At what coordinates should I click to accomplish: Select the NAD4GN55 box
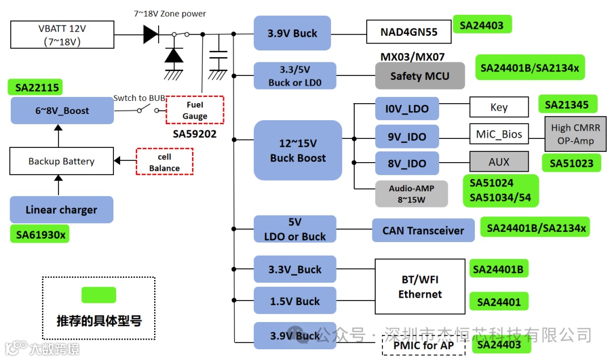tap(409, 32)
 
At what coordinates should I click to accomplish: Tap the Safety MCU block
tap(419, 76)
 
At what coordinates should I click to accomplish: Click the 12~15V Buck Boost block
tap(297, 151)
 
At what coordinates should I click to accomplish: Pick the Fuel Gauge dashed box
tap(194, 110)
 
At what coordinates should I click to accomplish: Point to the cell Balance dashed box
tap(164, 162)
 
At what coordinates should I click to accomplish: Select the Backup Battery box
tap(61, 162)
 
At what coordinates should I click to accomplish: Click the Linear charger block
tap(61, 210)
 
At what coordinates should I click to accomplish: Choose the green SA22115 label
tap(35, 87)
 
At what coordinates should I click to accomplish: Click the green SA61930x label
tap(40, 234)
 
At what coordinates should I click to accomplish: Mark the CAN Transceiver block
tap(423, 230)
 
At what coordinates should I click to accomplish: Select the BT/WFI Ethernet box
tap(420, 287)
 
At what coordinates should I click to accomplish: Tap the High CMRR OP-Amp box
tap(575, 134)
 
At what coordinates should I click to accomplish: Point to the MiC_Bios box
tap(499, 134)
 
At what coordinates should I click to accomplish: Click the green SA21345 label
tap(567, 105)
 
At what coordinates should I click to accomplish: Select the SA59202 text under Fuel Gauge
tap(194, 134)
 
